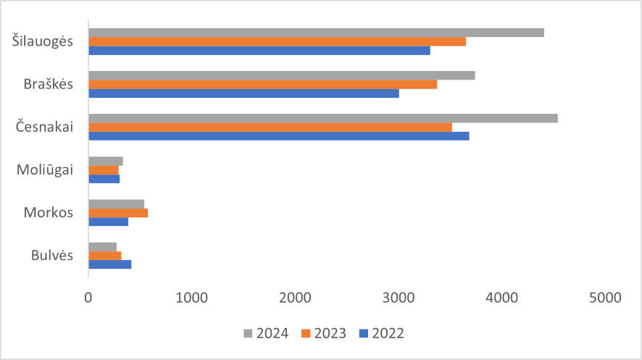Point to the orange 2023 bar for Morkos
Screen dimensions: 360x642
click(118, 213)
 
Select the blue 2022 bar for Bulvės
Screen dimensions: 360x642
click(109, 264)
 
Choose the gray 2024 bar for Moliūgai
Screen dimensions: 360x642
click(106, 161)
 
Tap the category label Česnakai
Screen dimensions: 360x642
click(45, 127)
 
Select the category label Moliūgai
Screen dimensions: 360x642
click(45, 169)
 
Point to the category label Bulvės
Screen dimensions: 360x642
click(51, 255)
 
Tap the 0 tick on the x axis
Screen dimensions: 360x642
click(88, 297)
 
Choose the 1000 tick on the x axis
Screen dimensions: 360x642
click(192, 297)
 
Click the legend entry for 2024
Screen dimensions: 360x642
click(265, 333)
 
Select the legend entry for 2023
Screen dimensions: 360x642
click(323, 333)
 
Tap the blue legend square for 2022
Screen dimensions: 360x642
click(364, 333)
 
